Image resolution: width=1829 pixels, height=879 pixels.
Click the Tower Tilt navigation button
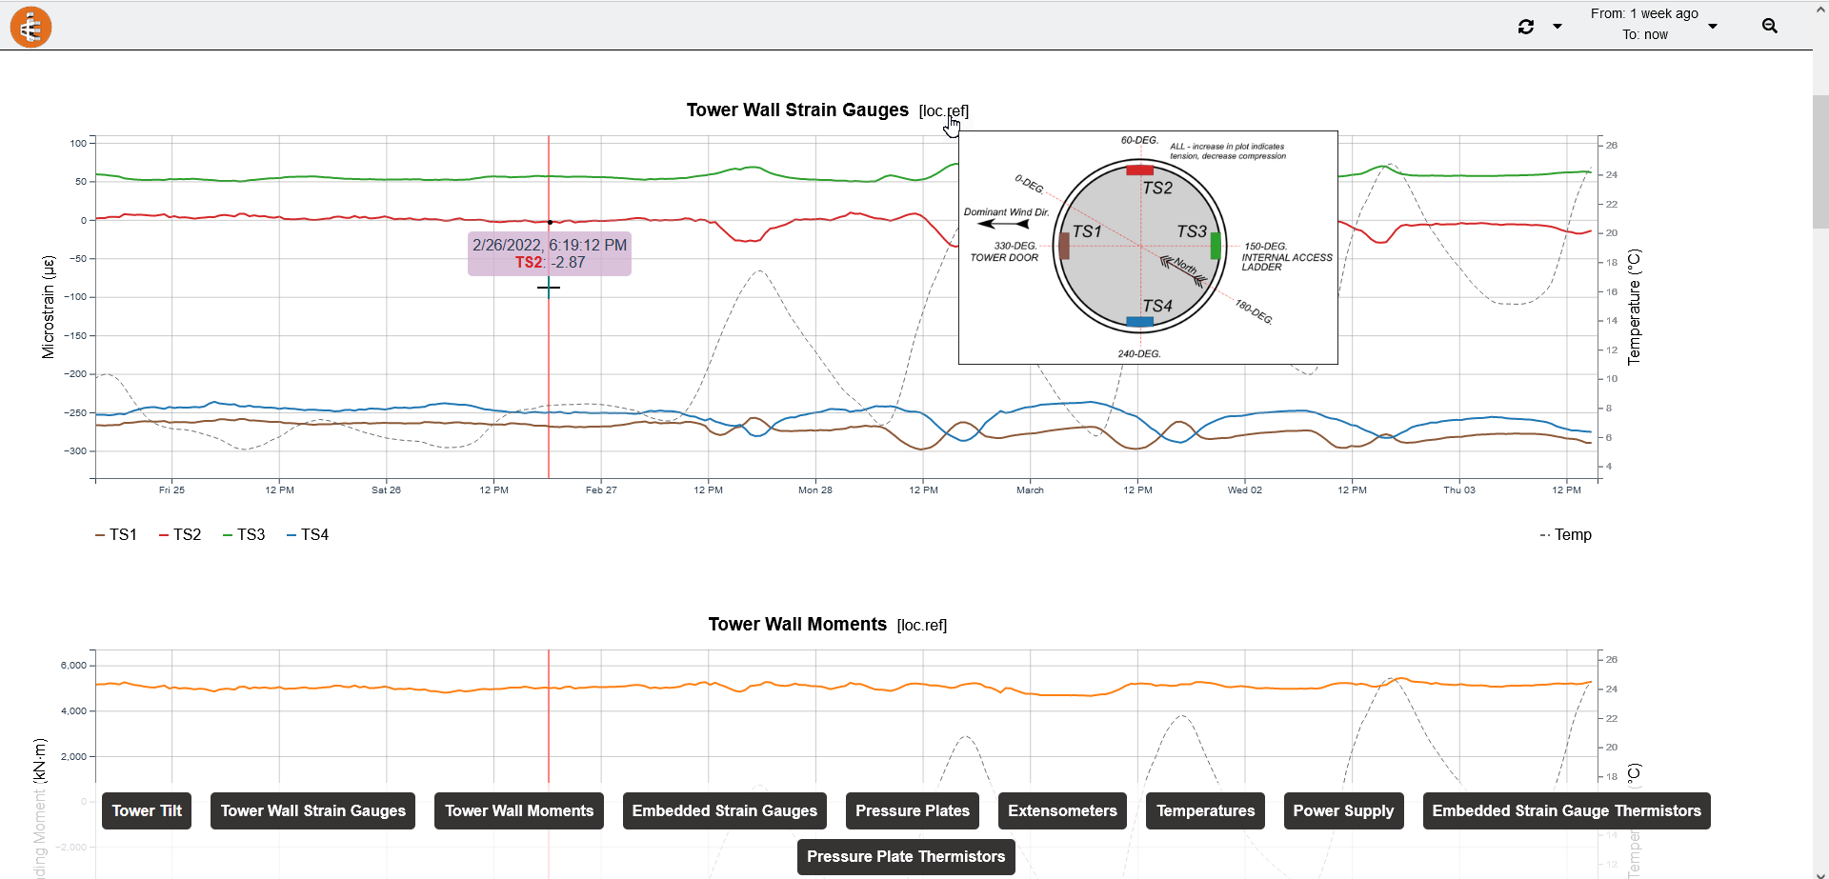(147, 810)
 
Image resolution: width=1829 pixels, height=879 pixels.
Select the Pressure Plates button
(912, 810)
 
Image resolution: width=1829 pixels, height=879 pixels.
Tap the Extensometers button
(1062, 810)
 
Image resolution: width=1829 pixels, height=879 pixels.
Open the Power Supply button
(1343, 810)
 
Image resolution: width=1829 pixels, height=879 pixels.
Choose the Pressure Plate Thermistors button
(906, 856)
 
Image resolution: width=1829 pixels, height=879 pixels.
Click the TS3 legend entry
(244, 535)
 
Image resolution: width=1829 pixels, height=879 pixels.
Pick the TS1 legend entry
(116, 535)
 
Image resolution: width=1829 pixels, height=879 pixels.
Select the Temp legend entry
(1566, 535)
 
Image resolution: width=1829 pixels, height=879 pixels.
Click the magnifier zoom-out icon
(1770, 26)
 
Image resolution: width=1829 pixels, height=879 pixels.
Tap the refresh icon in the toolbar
(1526, 27)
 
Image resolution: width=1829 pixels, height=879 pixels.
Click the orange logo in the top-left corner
(30, 27)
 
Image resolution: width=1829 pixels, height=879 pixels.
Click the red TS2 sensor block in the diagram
(1139, 170)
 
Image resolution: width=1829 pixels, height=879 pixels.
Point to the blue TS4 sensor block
(1139, 322)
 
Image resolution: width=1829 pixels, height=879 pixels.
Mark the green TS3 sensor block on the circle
(1216, 246)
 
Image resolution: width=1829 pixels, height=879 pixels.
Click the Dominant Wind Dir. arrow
(1003, 224)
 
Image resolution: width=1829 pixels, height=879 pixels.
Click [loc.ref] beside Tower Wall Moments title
(922, 626)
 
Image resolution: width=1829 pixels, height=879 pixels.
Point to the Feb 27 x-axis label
(601, 490)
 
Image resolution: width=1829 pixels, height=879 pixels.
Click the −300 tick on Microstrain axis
(75, 451)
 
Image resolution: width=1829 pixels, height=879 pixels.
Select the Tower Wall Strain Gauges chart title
(797, 110)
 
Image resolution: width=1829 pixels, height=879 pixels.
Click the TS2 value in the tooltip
(568, 263)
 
